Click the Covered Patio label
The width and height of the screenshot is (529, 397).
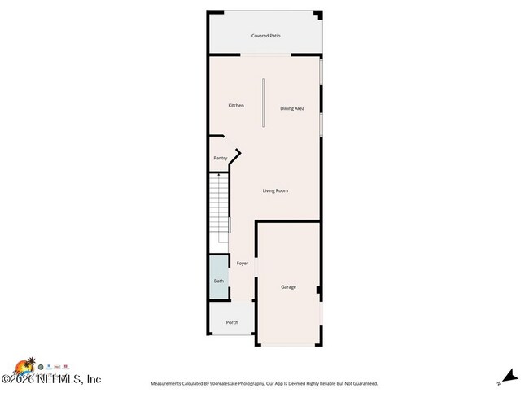[x=265, y=36]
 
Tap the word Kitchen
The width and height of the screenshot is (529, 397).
[x=236, y=105]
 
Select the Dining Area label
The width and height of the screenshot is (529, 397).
[x=292, y=108]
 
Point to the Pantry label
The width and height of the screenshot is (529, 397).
[x=220, y=158]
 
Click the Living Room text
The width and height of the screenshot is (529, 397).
[x=275, y=190]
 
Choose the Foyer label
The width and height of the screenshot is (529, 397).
[x=243, y=264]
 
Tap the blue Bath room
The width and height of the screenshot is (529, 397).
[x=219, y=281]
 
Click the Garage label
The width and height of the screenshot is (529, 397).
[x=288, y=287]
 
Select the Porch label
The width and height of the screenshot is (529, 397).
[x=232, y=322]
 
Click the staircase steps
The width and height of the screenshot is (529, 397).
[x=221, y=205]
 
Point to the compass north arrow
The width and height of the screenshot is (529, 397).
[x=509, y=376]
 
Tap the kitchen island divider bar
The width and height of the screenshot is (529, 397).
[x=263, y=103]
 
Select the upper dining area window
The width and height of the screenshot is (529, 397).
[x=321, y=72]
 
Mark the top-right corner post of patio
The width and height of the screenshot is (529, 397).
[x=317, y=14]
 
